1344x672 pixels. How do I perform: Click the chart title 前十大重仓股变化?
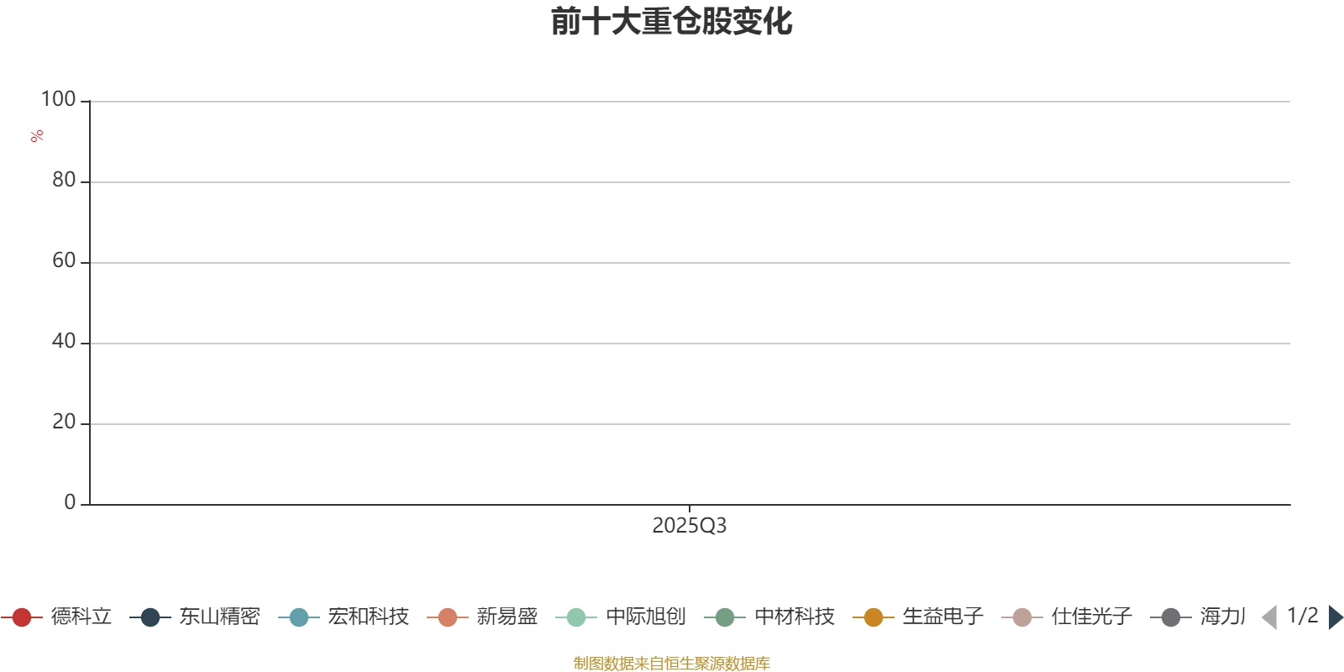[671, 22]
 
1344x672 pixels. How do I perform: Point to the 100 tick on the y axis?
[58, 99]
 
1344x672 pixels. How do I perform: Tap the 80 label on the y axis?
[64, 180]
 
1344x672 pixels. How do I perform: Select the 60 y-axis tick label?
[64, 260]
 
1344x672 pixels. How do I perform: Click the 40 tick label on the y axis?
[64, 341]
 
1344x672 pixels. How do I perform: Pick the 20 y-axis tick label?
[64, 422]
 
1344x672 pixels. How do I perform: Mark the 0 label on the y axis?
[71, 502]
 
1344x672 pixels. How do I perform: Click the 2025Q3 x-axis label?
[690, 526]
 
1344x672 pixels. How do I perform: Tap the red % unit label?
[37, 136]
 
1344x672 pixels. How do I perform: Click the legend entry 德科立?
[56, 617]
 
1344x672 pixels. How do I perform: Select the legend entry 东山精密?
[194, 617]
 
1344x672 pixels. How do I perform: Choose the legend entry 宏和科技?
[344, 617]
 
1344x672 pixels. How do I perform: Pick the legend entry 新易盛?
[482, 617]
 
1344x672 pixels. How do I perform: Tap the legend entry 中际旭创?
[621, 617]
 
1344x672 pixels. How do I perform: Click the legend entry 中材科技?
[769, 617]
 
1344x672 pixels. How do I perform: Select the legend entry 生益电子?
[918, 617]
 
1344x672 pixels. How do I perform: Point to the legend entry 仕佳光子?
[1067, 617]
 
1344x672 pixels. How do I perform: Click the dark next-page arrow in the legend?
[1335, 617]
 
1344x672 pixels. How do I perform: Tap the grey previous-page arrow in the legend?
[1269, 617]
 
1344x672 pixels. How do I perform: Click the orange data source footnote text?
[671, 663]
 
